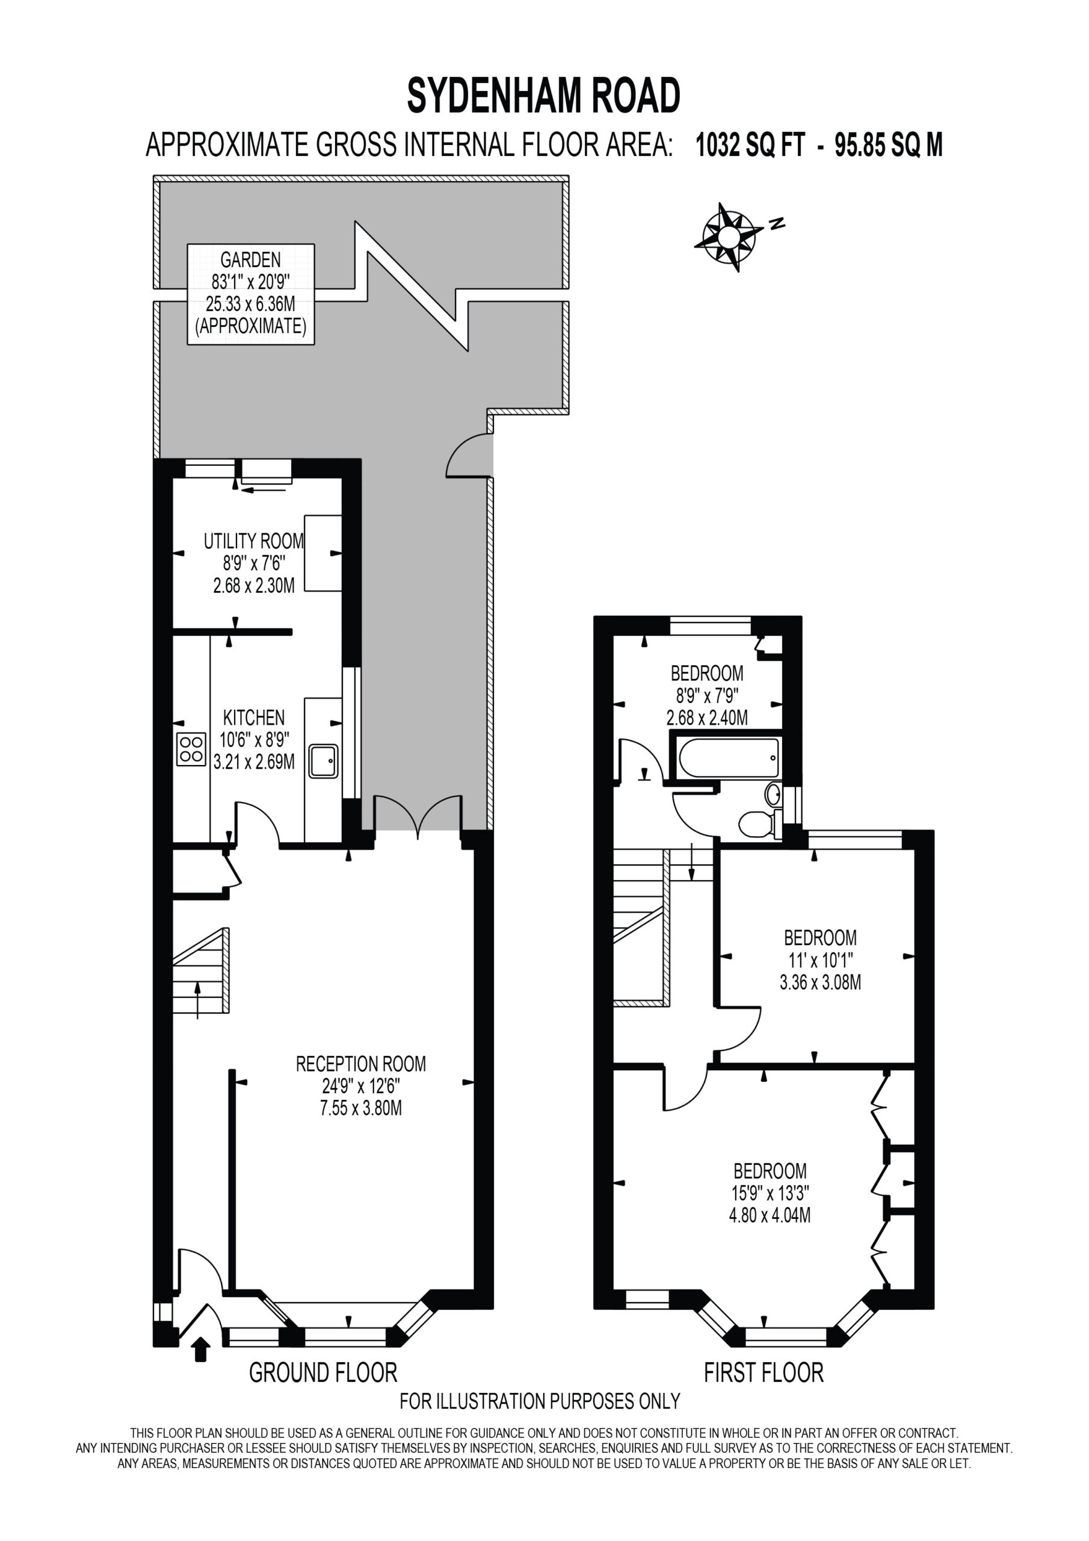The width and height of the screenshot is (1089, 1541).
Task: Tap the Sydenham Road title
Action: pyautogui.click(x=543, y=95)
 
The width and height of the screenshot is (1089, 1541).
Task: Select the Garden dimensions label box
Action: pyautogui.click(x=251, y=294)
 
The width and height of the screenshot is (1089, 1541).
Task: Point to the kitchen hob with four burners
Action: pyautogui.click(x=191, y=749)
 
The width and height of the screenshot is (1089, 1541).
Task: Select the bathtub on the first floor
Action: pyautogui.click(x=729, y=757)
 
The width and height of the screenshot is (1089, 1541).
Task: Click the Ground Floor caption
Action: pyautogui.click(x=322, y=1373)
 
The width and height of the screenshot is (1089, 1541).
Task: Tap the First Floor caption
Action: pyautogui.click(x=764, y=1373)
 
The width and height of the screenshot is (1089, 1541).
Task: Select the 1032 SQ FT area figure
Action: pyautogui.click(x=750, y=145)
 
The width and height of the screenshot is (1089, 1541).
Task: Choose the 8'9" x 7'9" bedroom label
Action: pyautogui.click(x=707, y=695)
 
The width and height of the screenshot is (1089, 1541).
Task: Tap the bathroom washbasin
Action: pyautogui.click(x=774, y=794)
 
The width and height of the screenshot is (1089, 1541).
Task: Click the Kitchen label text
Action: pyautogui.click(x=254, y=717)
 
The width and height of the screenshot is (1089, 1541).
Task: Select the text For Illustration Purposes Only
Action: pyautogui.click(x=540, y=1401)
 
